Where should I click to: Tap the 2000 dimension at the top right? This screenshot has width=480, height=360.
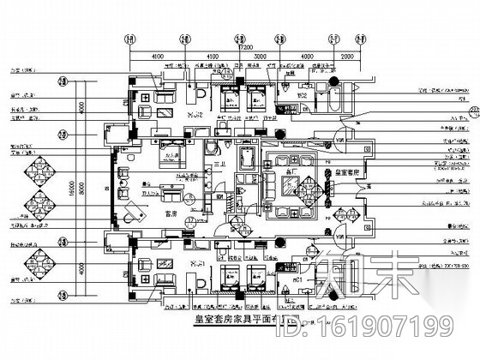pos(345,57)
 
